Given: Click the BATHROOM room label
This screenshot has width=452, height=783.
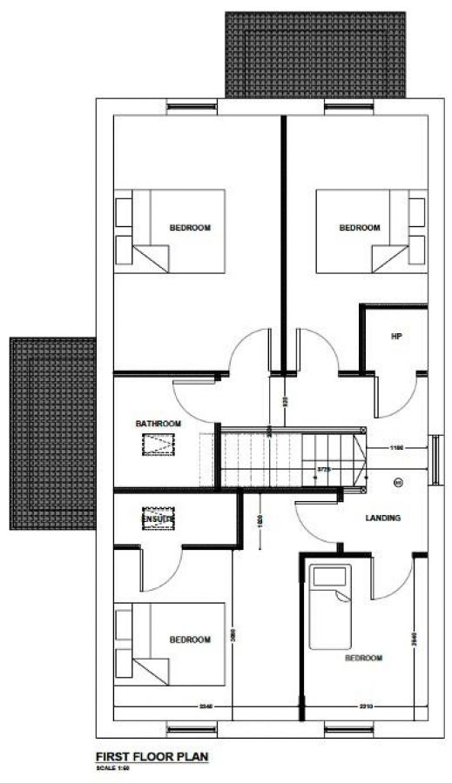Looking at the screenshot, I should pyautogui.click(x=159, y=424).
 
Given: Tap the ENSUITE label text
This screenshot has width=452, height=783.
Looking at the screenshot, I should pyautogui.click(x=159, y=519).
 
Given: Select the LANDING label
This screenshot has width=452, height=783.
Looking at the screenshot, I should pyautogui.click(x=382, y=518).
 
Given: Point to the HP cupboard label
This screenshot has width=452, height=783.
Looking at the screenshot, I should pyautogui.click(x=396, y=336).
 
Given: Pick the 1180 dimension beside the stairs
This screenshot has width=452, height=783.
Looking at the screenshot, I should pyautogui.click(x=398, y=448).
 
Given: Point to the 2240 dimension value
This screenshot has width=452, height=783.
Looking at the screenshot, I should pyautogui.click(x=206, y=706).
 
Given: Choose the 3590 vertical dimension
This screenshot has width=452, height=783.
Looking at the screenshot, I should pyautogui.click(x=233, y=635).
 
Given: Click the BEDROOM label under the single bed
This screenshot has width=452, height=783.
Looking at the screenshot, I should pyautogui.click(x=363, y=658).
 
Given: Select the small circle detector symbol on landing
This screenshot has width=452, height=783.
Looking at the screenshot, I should pyautogui.click(x=400, y=482).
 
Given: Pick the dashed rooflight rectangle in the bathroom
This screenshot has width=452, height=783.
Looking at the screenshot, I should pyautogui.click(x=158, y=445).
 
